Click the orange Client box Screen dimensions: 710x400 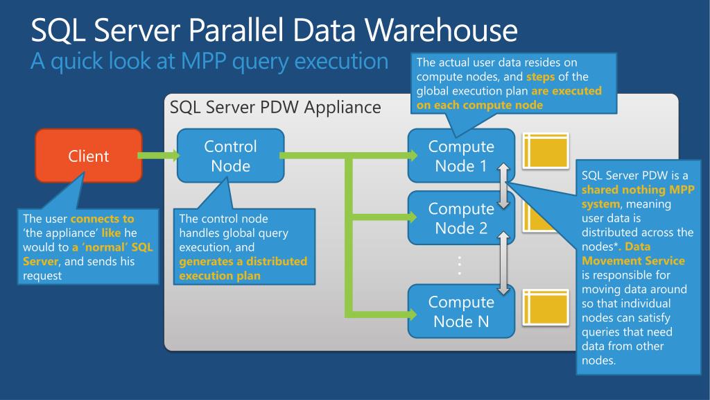pos(89,156)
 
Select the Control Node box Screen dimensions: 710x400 pos(230,156)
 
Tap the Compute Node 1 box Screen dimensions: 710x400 pos(461,156)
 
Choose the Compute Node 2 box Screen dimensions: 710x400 pos(461,217)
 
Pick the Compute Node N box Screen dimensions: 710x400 pos(461,311)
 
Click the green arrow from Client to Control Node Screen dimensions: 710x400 pos(159,156)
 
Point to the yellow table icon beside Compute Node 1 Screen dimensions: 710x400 pos(546,151)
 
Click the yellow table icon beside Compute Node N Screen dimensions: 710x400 pos(546,308)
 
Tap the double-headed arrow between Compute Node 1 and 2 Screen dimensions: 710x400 pos(503,186)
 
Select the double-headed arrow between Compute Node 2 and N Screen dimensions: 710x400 pos(503,263)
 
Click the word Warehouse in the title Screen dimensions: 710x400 pos(442,30)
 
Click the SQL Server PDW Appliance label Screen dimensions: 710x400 pos(275,107)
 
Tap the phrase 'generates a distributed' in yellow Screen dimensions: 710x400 pos(243,261)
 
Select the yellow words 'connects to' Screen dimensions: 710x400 pos(103,219)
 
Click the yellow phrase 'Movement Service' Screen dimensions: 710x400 pos(633,261)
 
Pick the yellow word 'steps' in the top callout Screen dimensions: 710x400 pos(540,76)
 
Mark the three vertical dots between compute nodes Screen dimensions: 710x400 pos(460,265)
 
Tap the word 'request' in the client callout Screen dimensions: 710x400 pos(42,276)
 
